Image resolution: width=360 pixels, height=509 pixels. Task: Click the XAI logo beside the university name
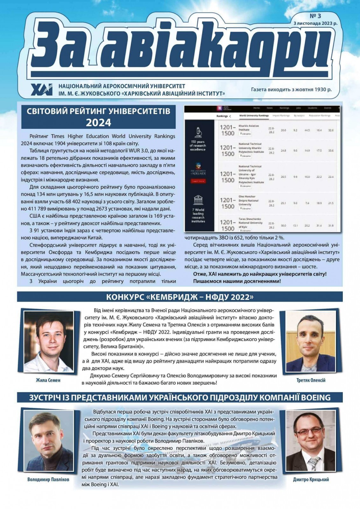(42, 89)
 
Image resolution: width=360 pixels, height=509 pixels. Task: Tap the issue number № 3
(315, 16)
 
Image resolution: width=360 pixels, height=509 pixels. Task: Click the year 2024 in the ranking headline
(98, 122)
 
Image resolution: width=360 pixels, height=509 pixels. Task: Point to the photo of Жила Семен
(49, 341)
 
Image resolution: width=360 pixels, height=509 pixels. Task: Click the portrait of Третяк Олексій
(311, 342)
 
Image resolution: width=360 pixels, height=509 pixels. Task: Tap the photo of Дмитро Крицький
(311, 441)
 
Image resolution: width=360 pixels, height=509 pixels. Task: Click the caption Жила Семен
(48, 380)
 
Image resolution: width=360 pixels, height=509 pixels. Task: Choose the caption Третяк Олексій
(311, 380)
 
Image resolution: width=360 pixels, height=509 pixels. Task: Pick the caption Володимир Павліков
(48, 479)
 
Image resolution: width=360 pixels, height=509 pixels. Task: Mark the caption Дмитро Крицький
(311, 479)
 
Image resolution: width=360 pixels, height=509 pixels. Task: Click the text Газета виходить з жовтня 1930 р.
(291, 89)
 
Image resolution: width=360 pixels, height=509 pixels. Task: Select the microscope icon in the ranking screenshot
(198, 132)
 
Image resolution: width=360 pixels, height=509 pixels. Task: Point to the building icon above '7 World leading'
(198, 200)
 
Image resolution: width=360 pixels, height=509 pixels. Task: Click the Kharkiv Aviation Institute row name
(249, 128)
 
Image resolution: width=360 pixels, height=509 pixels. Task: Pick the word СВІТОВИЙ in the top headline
(48, 111)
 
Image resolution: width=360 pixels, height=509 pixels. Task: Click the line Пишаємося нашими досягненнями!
(237, 281)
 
